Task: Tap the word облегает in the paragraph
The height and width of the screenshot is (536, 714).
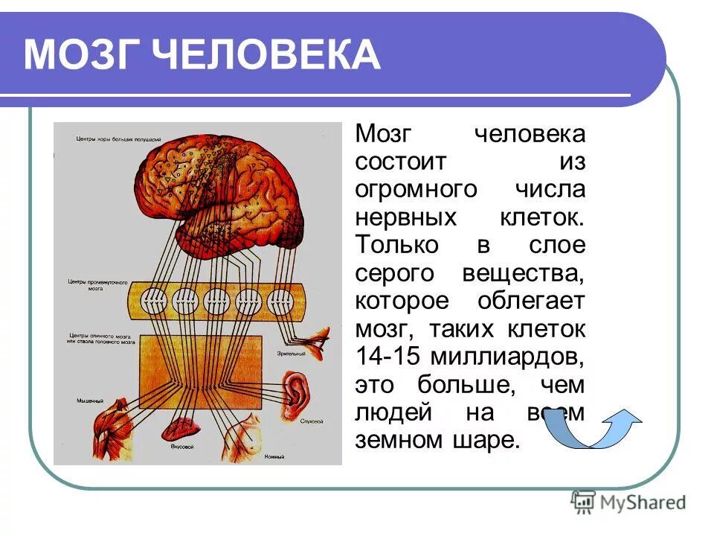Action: [533, 301]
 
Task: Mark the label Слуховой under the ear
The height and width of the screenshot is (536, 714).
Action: [312, 421]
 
